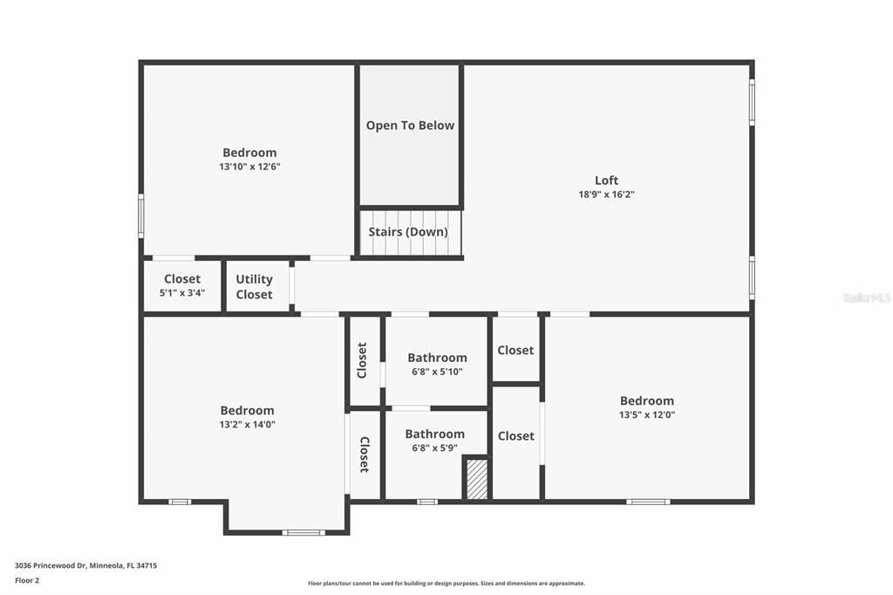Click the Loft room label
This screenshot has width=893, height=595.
click(606, 181)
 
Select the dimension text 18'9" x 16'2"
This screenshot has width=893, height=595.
click(606, 195)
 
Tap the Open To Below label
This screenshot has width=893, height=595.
click(410, 126)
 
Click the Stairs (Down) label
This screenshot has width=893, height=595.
click(408, 232)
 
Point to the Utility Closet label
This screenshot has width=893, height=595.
click(254, 287)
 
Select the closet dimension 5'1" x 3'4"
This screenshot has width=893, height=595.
click(182, 293)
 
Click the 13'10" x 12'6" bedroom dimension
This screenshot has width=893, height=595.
click(249, 167)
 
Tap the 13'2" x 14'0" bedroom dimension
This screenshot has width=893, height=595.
click(247, 425)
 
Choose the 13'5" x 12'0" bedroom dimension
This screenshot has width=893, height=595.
click(646, 415)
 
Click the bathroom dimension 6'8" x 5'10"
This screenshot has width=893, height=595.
click(437, 372)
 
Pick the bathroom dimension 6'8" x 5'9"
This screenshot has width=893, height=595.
click(434, 448)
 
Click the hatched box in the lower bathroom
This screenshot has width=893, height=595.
click(477, 479)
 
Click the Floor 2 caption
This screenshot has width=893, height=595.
click(27, 580)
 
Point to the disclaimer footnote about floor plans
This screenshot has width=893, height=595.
click(446, 584)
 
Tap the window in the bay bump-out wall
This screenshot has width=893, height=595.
click(303, 532)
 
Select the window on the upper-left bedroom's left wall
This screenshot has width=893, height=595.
click(140, 215)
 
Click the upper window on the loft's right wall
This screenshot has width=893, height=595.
click(752, 102)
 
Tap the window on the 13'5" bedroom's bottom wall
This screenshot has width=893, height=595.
click(648, 502)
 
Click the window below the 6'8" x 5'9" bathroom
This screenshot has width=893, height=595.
click(426, 502)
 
